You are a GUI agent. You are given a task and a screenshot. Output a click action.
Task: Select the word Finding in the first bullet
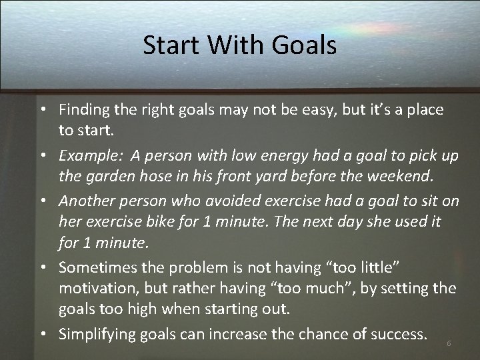click(x=83, y=110)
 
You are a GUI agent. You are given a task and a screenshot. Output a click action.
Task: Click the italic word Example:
click(x=90, y=156)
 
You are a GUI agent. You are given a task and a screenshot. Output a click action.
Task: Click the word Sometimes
click(x=95, y=267)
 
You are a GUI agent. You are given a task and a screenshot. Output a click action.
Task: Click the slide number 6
click(x=449, y=343)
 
